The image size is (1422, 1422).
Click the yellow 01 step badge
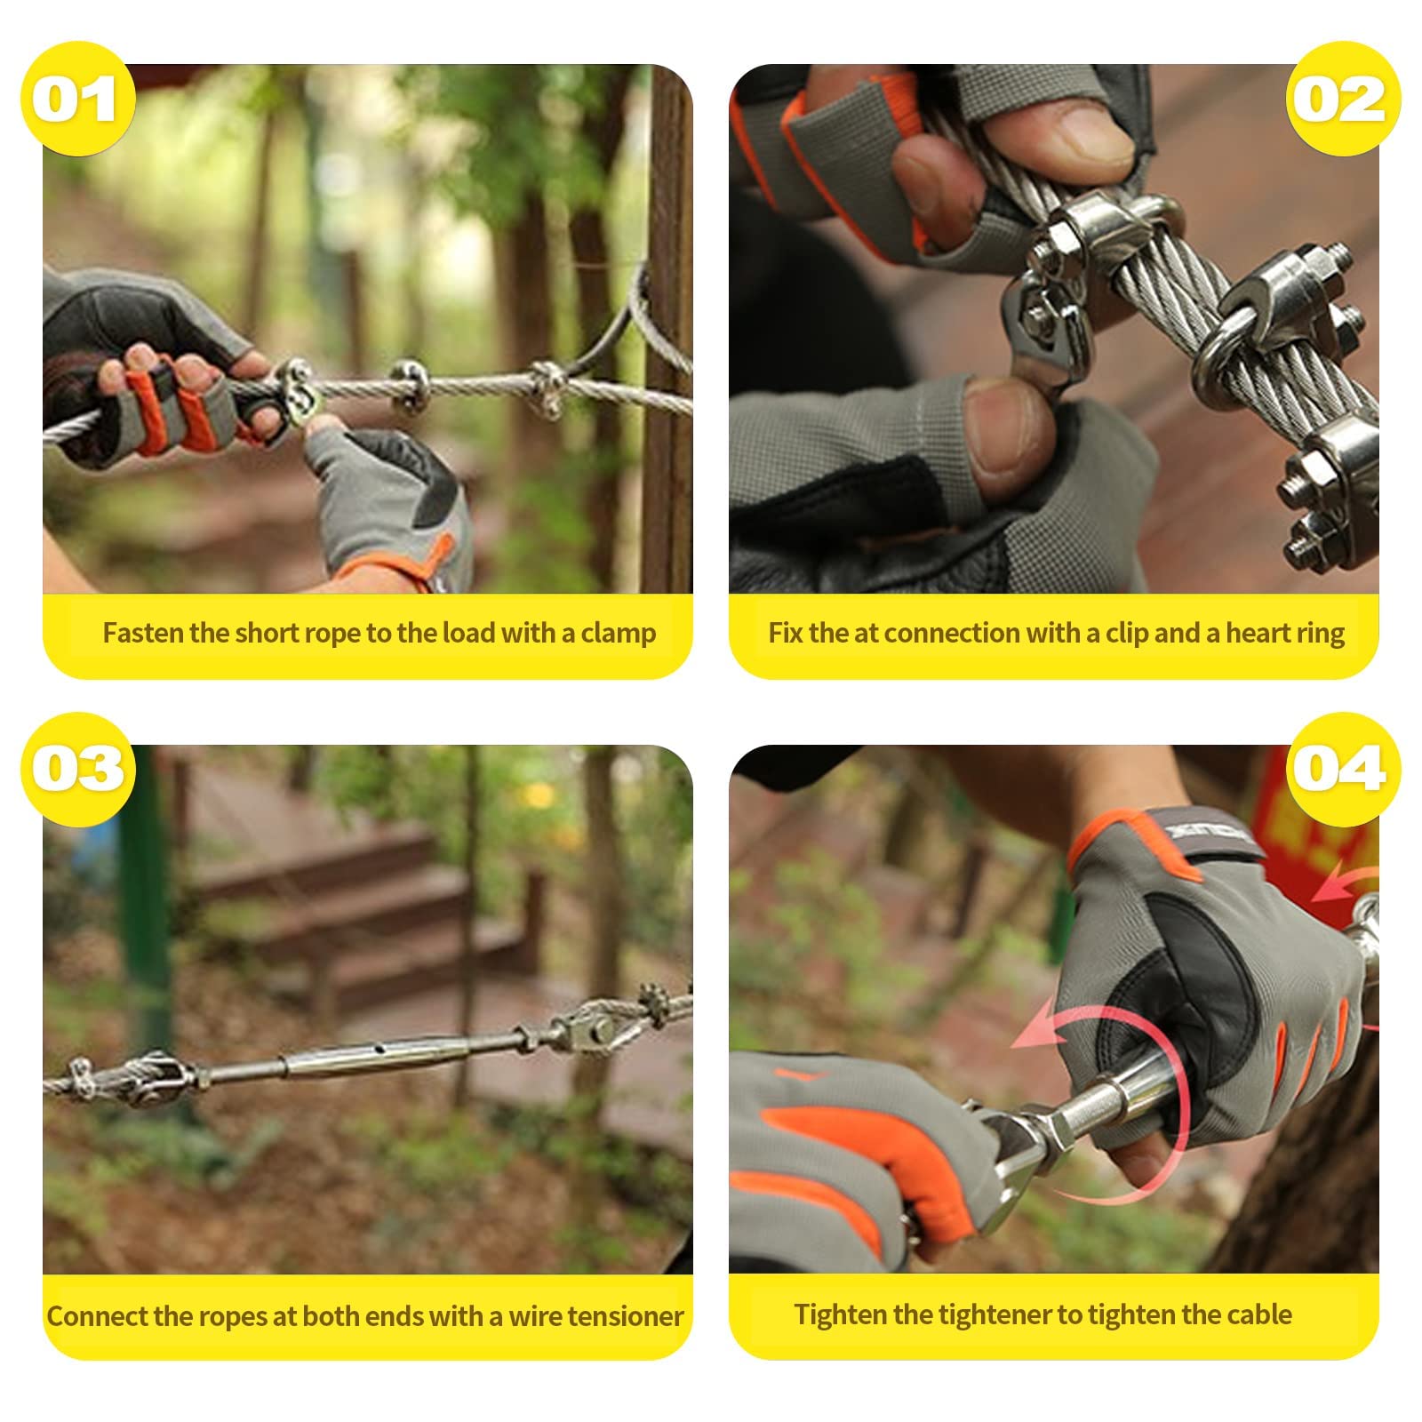tap(78, 99)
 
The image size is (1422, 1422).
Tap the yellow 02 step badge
tap(1343, 99)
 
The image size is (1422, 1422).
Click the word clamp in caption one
tap(619, 634)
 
